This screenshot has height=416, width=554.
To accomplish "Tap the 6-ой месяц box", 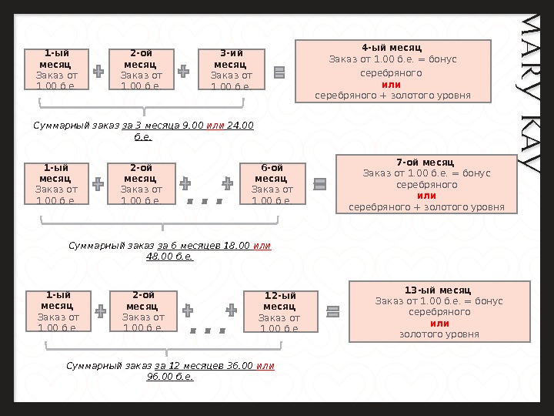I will coord(273,184).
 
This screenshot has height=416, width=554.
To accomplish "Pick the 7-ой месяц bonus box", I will coord(426,184).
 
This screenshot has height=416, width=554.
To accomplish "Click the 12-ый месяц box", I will coord(275,311).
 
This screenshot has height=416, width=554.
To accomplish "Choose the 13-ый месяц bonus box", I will coord(439,311).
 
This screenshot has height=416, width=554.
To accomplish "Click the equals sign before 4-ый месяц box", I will coord(279,72).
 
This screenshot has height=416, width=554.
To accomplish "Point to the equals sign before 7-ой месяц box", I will coord(320,184).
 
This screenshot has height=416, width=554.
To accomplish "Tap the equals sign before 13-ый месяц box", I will coord(333,311).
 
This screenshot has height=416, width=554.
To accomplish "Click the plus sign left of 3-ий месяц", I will coord(183,72).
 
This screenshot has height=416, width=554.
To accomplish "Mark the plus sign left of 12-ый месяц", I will coord(231,310).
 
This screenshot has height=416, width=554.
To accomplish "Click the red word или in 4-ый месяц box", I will coord(392,84).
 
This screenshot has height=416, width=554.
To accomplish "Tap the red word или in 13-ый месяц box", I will coord(439,324).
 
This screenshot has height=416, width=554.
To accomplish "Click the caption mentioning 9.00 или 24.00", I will coord(143,129).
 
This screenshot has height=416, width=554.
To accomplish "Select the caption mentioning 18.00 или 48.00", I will coord(169,250).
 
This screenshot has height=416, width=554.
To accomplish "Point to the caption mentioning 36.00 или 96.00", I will coord(170,371).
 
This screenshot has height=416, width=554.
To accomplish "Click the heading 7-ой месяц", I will coord(426,163).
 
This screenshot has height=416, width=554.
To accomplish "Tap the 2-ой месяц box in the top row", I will coord(142,69).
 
